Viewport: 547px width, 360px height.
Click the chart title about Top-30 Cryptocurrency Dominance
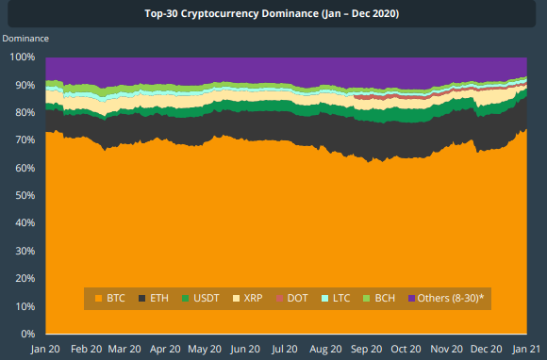click(x=273, y=14)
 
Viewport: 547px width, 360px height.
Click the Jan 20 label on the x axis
click(x=46, y=349)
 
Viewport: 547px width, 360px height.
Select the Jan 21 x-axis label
click(x=526, y=349)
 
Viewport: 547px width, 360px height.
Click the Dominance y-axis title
click(x=25, y=39)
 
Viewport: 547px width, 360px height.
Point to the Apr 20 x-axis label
click(x=165, y=349)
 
